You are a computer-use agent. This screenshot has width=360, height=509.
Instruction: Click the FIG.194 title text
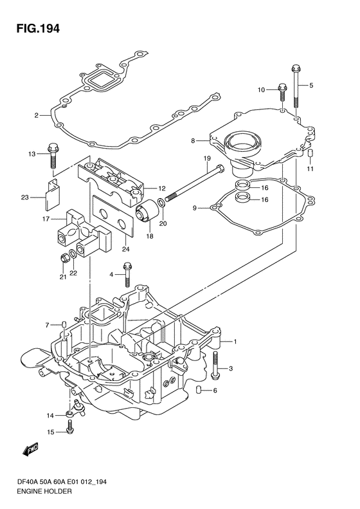coord(39,28)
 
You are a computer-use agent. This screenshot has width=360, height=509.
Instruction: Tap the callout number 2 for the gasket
coord(37,115)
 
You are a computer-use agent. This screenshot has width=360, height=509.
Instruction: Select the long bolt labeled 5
coord(296,87)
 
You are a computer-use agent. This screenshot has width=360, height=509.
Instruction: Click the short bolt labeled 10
coord(282,93)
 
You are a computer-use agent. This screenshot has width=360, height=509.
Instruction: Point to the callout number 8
coord(193,141)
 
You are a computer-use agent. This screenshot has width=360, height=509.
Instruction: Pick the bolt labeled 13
coord(53,156)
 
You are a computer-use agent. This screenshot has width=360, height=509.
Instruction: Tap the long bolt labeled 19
coord(194,183)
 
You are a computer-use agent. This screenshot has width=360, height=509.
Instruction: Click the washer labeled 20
coord(161,203)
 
